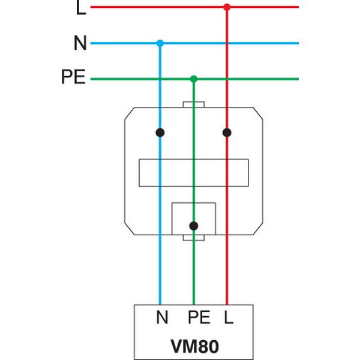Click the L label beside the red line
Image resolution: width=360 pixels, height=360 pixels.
pyautogui.click(x=82, y=8)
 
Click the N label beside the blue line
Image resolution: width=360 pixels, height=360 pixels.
pyautogui.click(x=80, y=43)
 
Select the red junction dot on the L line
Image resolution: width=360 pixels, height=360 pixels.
pyautogui.click(x=227, y=7)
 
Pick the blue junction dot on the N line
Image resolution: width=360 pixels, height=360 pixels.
pyautogui.click(x=160, y=43)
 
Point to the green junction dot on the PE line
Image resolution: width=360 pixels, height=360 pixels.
pyautogui.click(x=193, y=79)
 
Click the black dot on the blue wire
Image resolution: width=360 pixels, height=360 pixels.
pyautogui.click(x=160, y=131)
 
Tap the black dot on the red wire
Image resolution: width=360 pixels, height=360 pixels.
pyautogui.click(x=227, y=131)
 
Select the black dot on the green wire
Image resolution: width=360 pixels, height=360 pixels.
pyautogui.click(x=193, y=226)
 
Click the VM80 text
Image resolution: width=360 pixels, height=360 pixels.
pyautogui.click(x=193, y=347)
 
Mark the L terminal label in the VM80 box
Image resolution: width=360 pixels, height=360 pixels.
pyautogui.click(x=228, y=317)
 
